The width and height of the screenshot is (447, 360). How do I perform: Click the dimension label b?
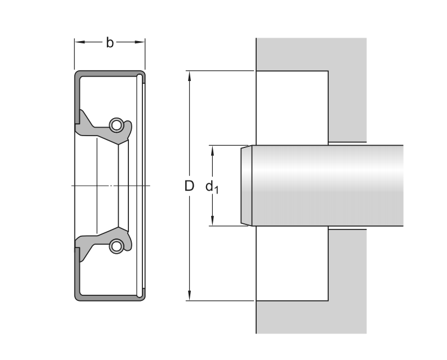[110, 42]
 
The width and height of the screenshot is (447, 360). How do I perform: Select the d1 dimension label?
[212, 187]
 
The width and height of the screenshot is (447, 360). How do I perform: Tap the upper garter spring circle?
[116, 124]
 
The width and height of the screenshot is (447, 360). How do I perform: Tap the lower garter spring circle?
[116, 245]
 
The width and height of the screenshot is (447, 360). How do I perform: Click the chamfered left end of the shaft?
[246, 186]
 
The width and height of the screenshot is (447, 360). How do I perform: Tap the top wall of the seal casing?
[110, 73]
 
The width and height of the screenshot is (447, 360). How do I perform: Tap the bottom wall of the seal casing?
[110, 297]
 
